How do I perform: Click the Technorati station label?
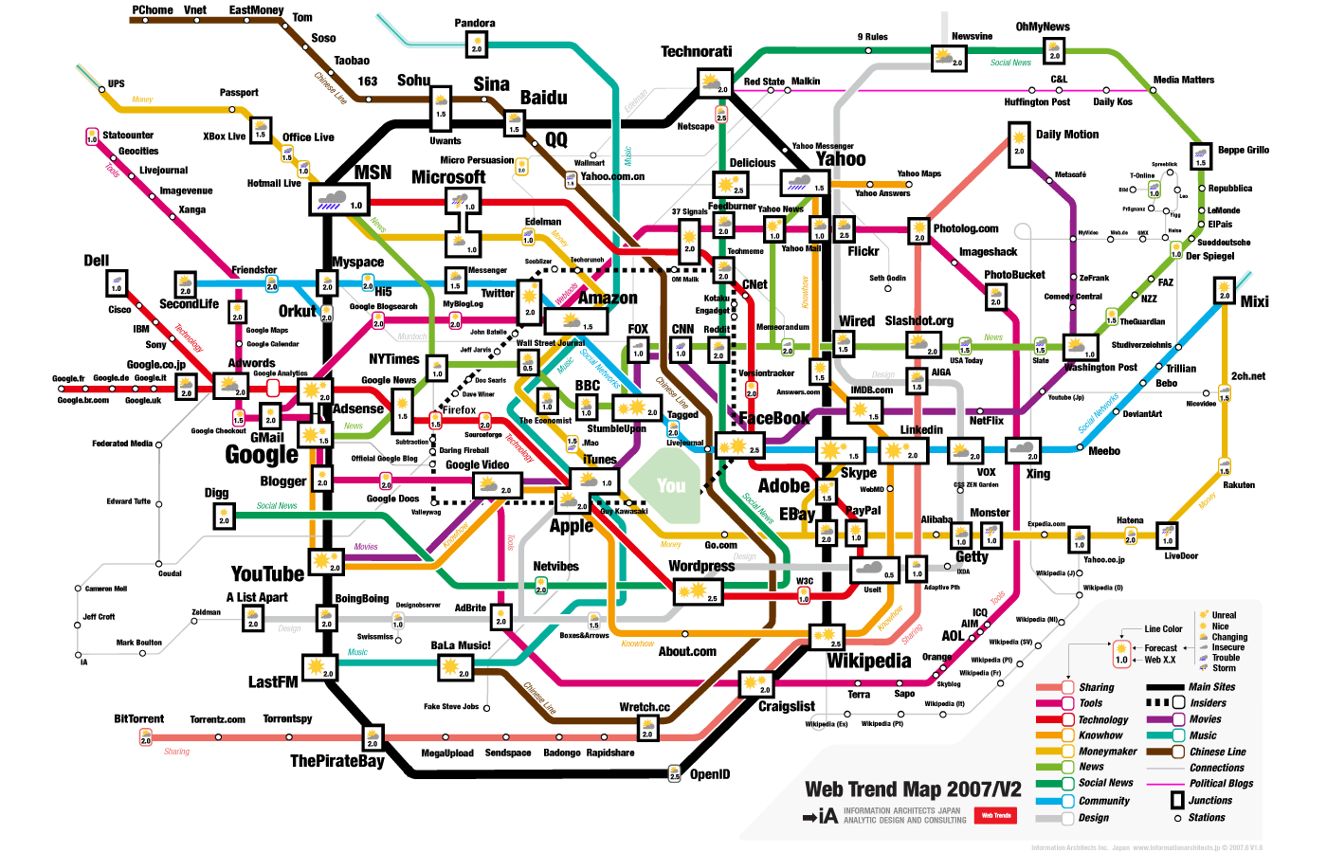(697, 52)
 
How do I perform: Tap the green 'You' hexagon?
(671, 486)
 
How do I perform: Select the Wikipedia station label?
(869, 661)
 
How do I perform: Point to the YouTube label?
(267, 574)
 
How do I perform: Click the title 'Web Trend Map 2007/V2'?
(913, 789)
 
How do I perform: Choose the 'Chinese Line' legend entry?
(1217, 752)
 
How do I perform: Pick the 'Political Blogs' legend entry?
(1221, 784)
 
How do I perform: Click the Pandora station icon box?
(477, 45)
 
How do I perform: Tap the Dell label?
(97, 261)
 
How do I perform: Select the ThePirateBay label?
(336, 761)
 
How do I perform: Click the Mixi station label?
(1254, 301)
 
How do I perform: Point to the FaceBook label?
(773, 418)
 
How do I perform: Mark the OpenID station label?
(710, 774)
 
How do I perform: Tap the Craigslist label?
(787, 706)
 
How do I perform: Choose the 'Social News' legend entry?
(1105, 783)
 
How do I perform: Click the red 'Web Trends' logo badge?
(996, 815)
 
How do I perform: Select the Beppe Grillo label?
(1244, 150)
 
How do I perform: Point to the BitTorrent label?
(139, 719)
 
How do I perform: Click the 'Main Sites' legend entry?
(1211, 687)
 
